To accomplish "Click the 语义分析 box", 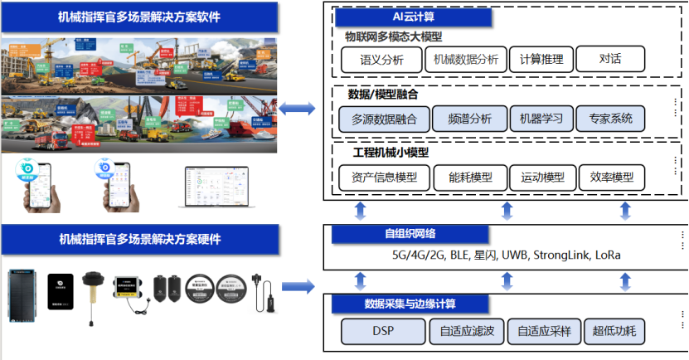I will pos(381,60).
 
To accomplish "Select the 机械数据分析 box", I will pos(465,60).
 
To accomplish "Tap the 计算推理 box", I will pos(539,60).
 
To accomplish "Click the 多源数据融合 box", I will pos(384,119).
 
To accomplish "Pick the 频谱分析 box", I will pos(468,119).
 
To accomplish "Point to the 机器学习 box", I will pos(541,119).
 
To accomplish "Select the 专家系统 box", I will pos(611,119).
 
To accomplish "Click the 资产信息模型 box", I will pos(384,178).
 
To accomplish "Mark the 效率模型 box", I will pos(612,178).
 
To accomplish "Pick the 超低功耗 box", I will pos(614,332).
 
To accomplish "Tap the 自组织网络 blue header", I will pos(396,234).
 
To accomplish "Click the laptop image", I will pos(214,187).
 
